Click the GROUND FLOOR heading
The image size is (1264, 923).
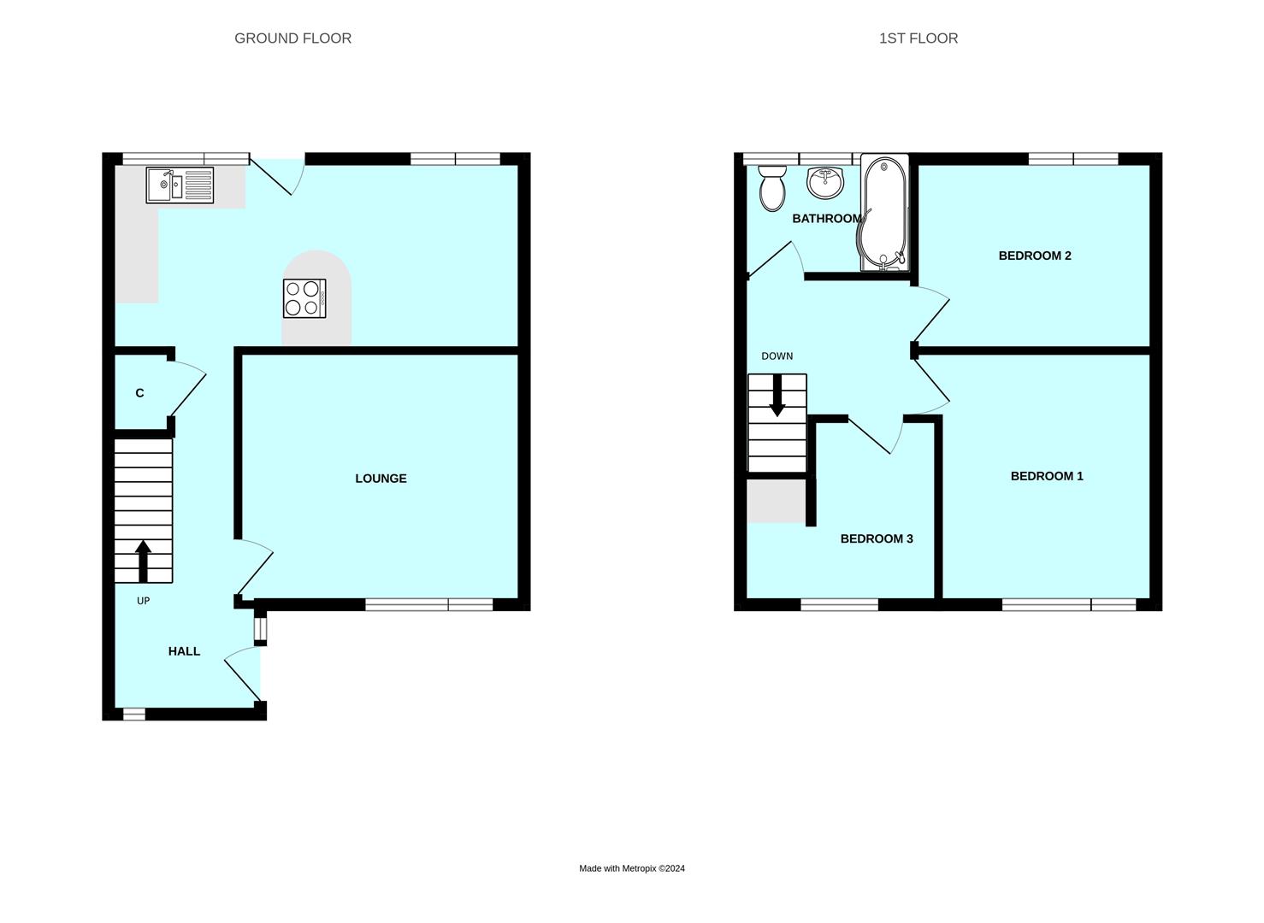tap(292, 38)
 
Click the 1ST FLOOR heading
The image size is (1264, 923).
tap(918, 38)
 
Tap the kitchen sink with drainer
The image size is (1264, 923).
tap(180, 185)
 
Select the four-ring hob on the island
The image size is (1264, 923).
tap(304, 298)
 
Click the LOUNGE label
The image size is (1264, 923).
tap(381, 479)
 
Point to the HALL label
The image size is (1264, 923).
tap(184, 651)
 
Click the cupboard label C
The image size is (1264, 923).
tap(139, 393)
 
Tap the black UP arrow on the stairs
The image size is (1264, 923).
tap(143, 561)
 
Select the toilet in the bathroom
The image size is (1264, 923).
tap(772, 188)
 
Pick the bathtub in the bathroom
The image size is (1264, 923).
tap(883, 213)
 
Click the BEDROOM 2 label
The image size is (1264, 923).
tap(1035, 256)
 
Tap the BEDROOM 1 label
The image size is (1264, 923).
tap(1047, 476)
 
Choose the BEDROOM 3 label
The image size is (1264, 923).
tap(877, 538)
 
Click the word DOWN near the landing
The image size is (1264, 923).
tap(777, 356)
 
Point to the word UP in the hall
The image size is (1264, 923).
tap(143, 601)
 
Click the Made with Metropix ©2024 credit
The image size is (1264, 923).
tap(632, 868)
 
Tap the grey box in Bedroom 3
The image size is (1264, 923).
tap(777, 501)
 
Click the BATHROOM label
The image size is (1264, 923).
tap(826, 219)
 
